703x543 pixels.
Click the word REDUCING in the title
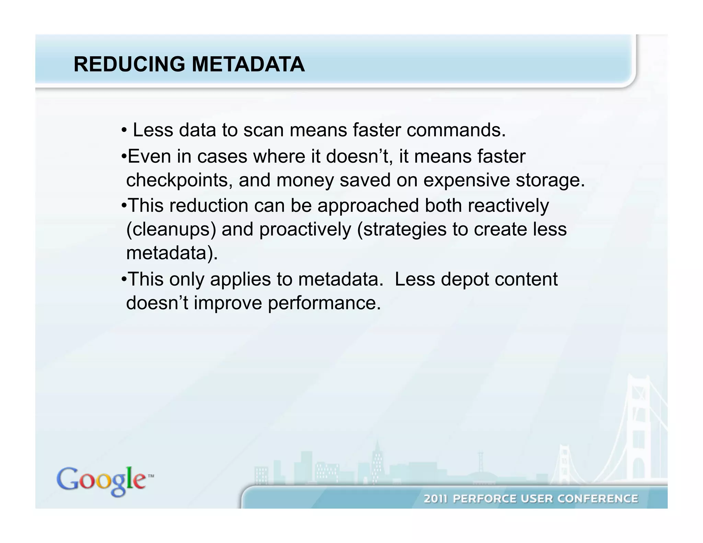point(129,64)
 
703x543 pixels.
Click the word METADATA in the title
point(248,64)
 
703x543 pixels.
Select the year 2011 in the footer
point(436,499)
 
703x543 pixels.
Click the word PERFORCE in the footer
point(484,499)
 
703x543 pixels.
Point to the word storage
point(550,181)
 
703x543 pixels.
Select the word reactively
point(508,206)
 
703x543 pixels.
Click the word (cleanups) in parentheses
point(171,229)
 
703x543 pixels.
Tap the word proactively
point(305,229)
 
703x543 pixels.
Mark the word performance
point(324,303)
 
